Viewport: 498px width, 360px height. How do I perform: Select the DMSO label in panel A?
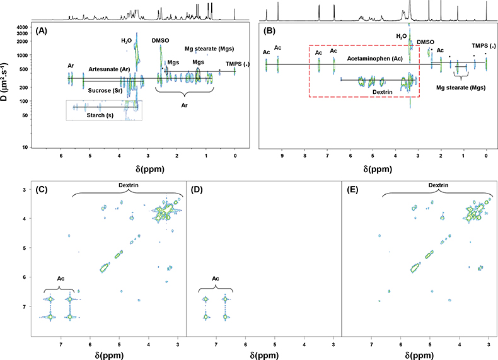point(161,40)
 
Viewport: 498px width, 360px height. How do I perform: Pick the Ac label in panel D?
point(214,278)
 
